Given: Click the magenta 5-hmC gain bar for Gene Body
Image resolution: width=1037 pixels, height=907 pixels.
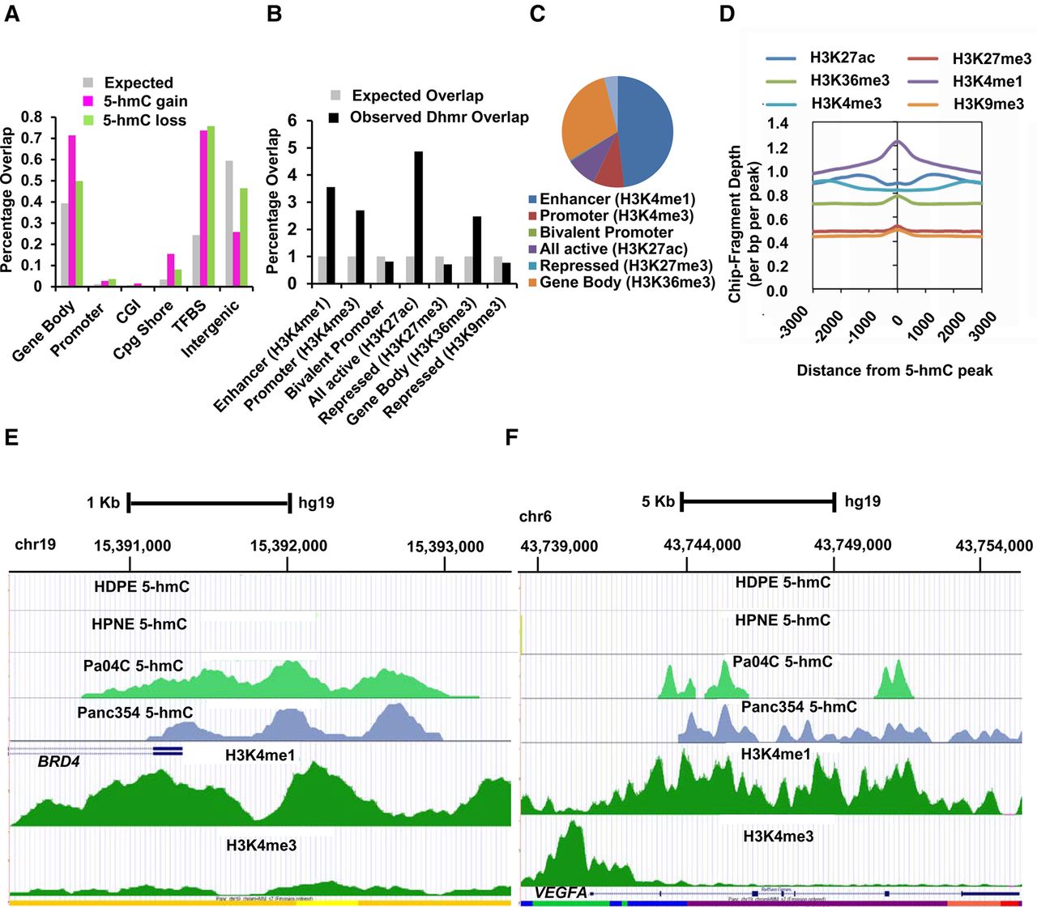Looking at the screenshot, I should coord(72,211).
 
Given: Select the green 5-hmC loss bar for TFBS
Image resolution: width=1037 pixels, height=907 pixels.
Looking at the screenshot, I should coord(211,207).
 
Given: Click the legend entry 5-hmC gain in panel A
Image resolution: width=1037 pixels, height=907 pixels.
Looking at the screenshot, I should coord(145,101).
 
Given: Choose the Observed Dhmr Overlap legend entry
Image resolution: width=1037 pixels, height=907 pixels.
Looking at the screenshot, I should coord(438,117).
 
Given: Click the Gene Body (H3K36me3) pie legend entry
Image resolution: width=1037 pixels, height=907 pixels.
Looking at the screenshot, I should coord(627,282).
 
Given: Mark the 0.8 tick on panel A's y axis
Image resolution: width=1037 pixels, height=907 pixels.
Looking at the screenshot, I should coord(32,117).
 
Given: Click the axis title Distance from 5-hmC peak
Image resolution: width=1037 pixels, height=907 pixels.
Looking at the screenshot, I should coord(894,370).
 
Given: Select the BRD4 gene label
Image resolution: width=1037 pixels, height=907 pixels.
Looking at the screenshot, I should coord(58,761).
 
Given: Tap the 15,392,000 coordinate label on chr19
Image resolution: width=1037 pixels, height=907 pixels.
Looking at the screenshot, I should coord(288,546).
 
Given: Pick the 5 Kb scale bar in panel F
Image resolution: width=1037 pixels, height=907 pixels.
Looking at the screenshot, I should coord(757,502).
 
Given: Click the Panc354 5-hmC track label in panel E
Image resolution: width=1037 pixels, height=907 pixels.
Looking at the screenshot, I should coord(134,713).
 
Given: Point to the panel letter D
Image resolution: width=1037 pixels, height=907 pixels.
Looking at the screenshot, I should coord(727,14).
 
